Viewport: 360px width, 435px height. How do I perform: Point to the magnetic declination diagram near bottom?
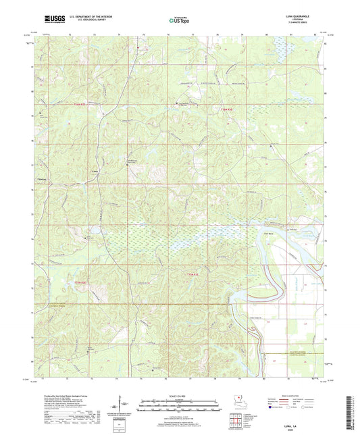click(x=124, y=405)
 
